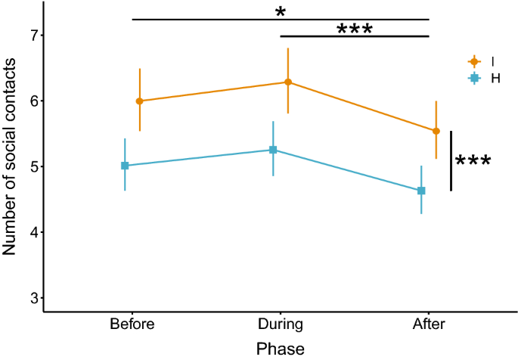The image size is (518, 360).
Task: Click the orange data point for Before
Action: (139, 101)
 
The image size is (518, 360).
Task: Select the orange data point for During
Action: (287, 82)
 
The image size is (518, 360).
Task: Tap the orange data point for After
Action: (436, 131)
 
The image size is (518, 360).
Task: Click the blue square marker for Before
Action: (125, 166)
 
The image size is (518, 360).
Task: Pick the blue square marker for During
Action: (273, 150)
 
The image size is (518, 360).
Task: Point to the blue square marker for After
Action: (421, 191)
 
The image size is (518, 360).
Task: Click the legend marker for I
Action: (475, 61)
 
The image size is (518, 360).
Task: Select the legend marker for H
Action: (475, 78)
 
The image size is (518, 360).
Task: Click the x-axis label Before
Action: (132, 325)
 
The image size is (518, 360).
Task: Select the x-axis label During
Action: (281, 325)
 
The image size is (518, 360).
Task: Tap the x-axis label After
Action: (429, 325)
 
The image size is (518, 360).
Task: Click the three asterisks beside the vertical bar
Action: (473, 162)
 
